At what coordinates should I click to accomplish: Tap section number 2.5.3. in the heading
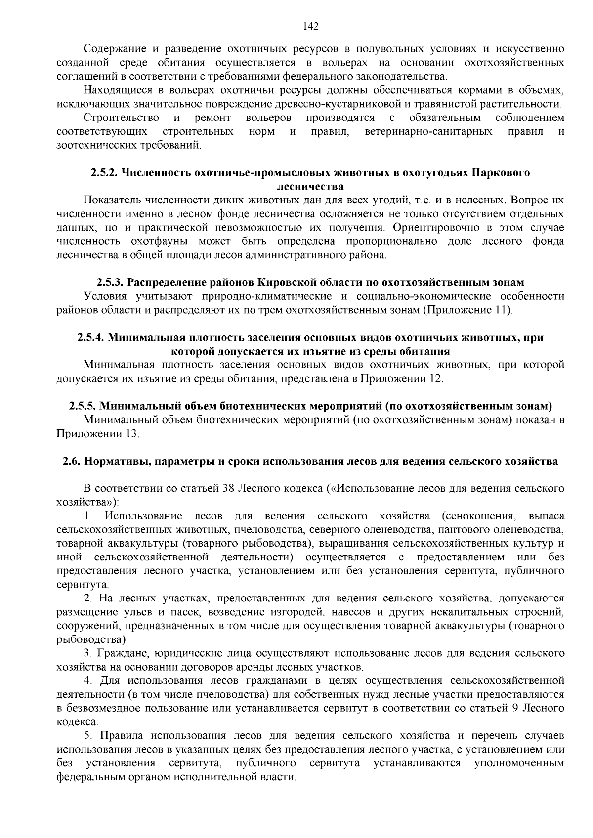[110, 282]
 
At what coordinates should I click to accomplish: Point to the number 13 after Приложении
[131, 434]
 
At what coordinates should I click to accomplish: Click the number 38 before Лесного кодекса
[228, 488]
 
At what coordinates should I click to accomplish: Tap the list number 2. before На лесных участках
[88, 599]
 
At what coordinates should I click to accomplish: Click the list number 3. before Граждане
[88, 653]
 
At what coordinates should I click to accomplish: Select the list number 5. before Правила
[88, 736]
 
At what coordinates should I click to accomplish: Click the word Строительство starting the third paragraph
[121, 118]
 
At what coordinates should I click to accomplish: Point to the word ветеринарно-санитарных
[428, 132]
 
